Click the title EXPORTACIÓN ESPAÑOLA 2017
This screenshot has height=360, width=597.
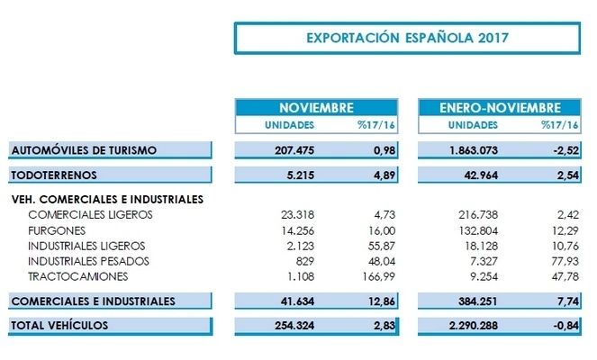click(407, 39)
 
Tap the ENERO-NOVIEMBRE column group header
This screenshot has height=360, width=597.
click(500, 107)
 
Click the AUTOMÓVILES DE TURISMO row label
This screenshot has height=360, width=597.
click(84, 149)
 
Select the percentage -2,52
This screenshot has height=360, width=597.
click(558, 149)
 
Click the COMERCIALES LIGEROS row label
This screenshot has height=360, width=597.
click(90, 214)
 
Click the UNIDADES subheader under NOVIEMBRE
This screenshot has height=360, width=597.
click(286, 124)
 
